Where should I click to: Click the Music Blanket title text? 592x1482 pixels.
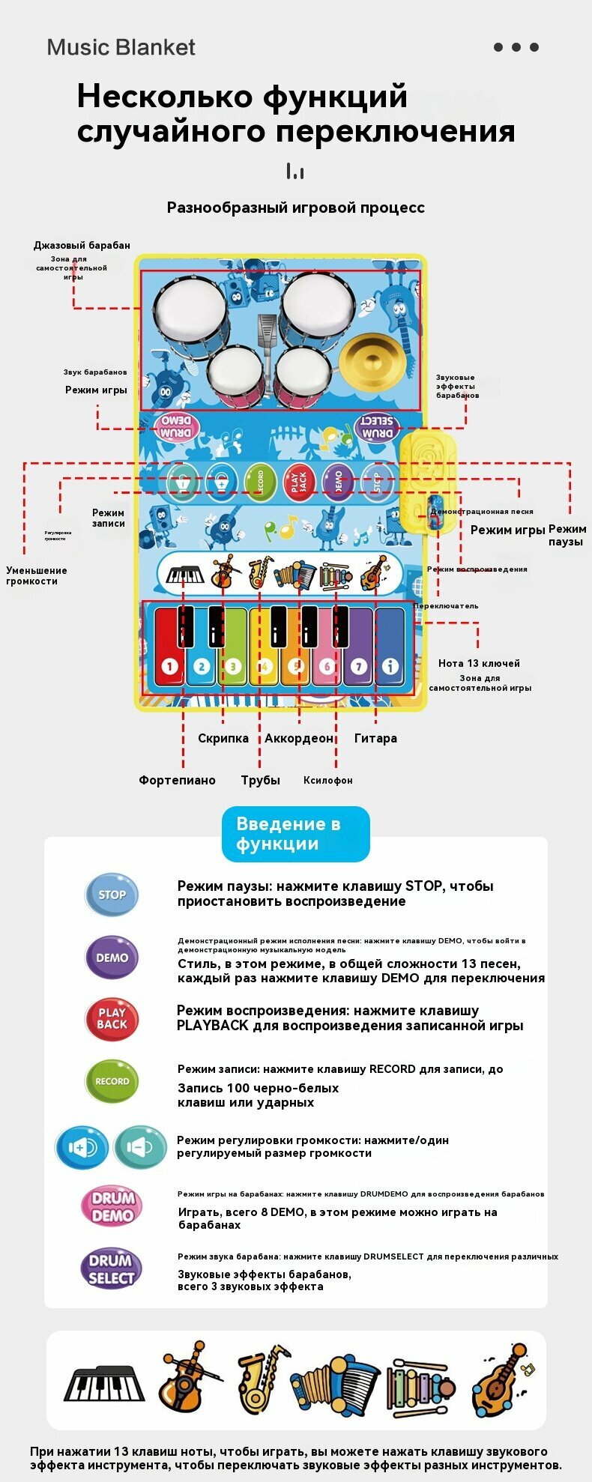[121, 47]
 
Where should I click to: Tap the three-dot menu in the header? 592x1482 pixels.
[516, 47]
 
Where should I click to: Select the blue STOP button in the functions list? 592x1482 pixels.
[112, 894]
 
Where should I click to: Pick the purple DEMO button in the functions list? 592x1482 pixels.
[112, 957]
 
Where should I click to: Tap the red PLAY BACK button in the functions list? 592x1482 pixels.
[112, 1019]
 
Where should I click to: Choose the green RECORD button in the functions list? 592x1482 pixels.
[112, 1081]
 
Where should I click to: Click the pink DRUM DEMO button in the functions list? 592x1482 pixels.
[112, 1206]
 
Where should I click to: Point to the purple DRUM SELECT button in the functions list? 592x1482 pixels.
[111, 1268]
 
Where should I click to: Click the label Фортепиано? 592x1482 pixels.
[177, 780]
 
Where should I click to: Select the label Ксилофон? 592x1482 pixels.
[327, 780]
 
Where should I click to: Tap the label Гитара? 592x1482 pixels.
[375, 738]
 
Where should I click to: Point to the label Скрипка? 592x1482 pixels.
[223, 738]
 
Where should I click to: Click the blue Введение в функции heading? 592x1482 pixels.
[295, 834]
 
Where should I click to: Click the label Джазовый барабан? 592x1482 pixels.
[82, 245]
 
